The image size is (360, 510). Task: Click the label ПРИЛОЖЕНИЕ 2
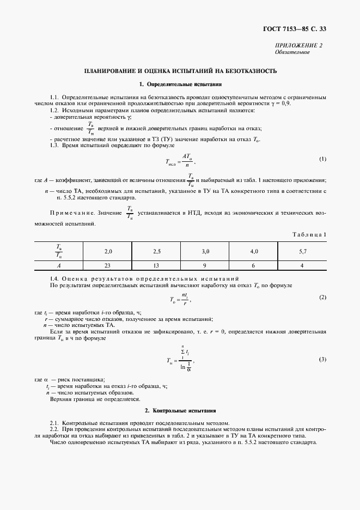point(300,46)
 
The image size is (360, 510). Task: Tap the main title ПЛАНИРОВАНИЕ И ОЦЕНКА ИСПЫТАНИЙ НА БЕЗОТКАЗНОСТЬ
point(180,71)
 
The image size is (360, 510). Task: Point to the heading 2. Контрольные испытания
point(180,410)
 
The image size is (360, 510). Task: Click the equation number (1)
point(322,159)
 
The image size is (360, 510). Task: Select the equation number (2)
point(322,297)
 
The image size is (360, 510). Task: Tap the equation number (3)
point(322,360)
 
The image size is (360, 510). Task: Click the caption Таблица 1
point(309,234)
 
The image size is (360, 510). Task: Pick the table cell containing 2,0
point(108,251)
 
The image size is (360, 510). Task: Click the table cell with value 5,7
point(303,251)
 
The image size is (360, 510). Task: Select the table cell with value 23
point(108,265)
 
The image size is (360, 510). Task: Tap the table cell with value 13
point(157,265)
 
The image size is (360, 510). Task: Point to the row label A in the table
point(59,265)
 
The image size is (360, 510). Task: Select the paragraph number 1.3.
point(54,145)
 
